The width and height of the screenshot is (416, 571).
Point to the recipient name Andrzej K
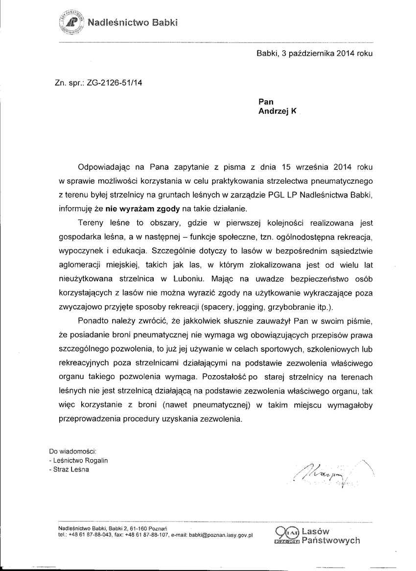pos(277,111)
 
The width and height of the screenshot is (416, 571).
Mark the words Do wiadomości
pos(72,450)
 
